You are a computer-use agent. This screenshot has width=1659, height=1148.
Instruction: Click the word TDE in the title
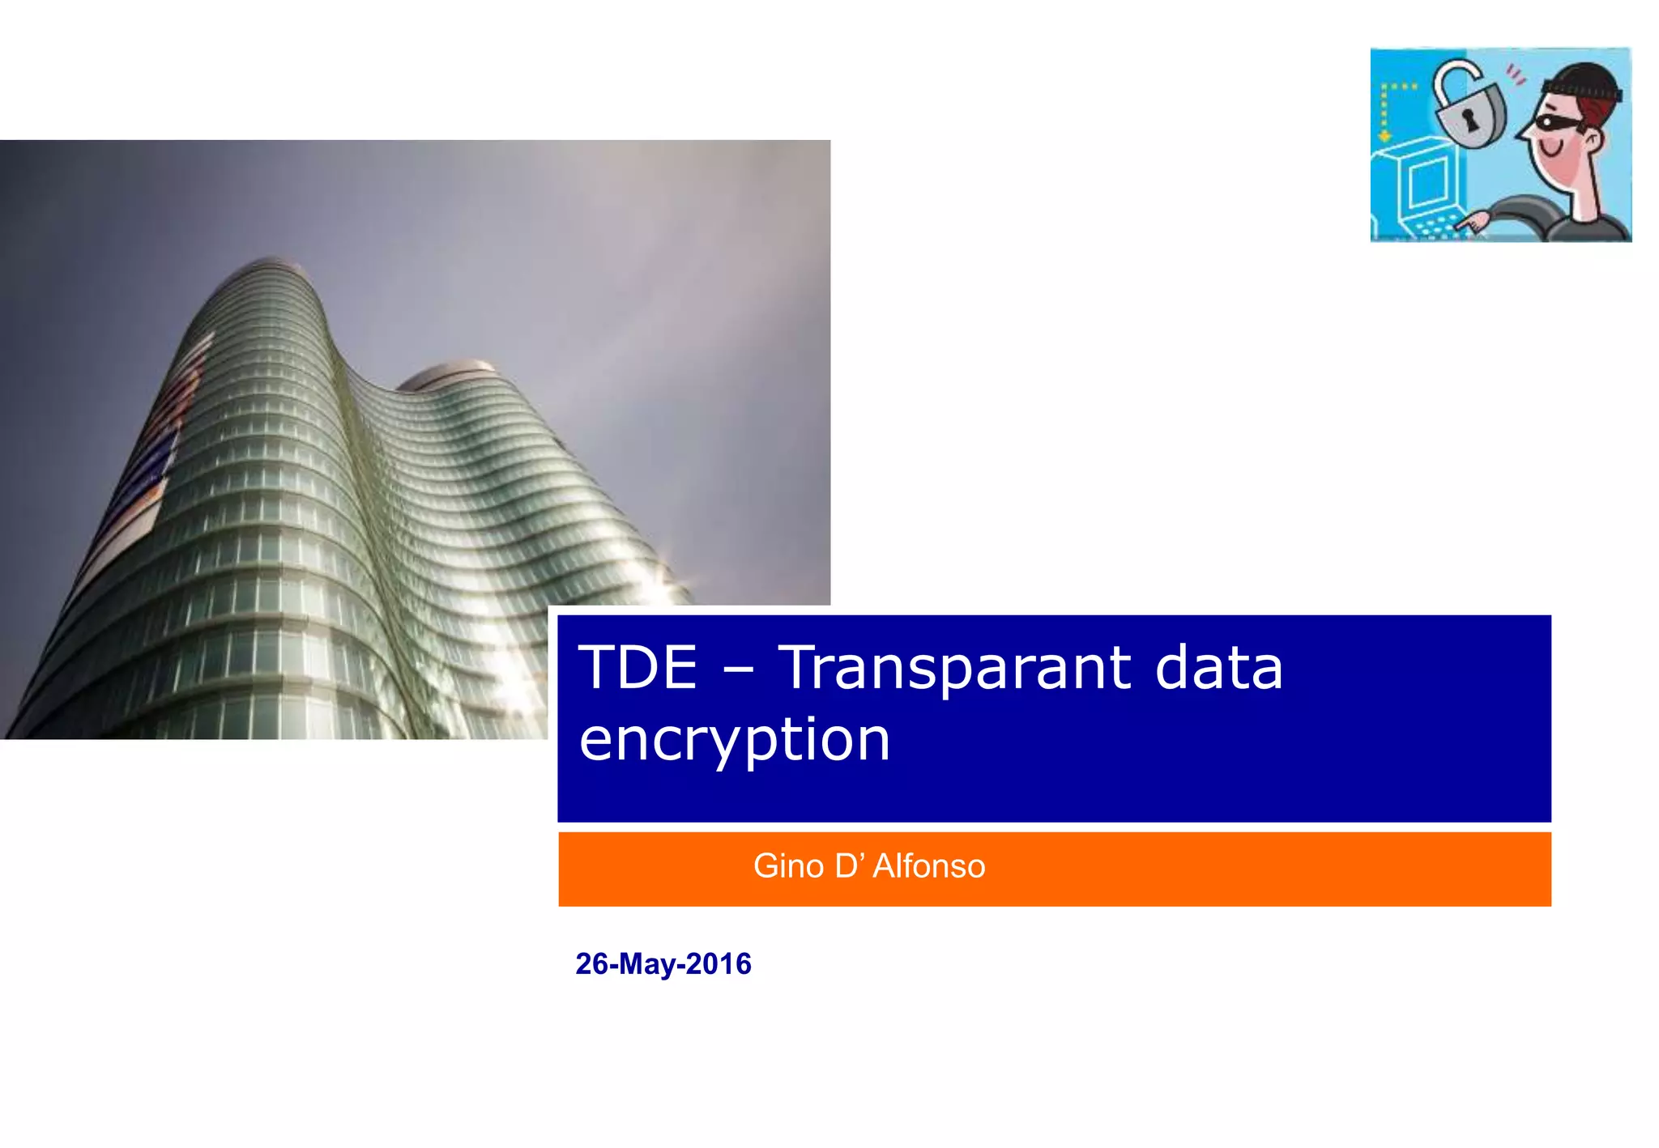[638, 668]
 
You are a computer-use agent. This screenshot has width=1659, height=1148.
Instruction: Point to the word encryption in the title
[735, 741]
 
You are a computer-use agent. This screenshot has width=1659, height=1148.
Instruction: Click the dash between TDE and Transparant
[738, 672]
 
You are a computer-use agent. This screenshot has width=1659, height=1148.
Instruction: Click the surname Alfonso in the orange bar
[928, 866]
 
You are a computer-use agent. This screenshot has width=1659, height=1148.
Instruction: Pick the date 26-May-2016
[663, 964]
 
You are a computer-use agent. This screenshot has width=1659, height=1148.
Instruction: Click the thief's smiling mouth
[1550, 151]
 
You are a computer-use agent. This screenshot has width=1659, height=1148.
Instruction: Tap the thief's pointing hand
[1474, 220]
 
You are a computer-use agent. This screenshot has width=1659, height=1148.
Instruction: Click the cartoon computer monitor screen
[1427, 181]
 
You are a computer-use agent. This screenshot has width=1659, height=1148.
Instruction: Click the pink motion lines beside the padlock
[1515, 75]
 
